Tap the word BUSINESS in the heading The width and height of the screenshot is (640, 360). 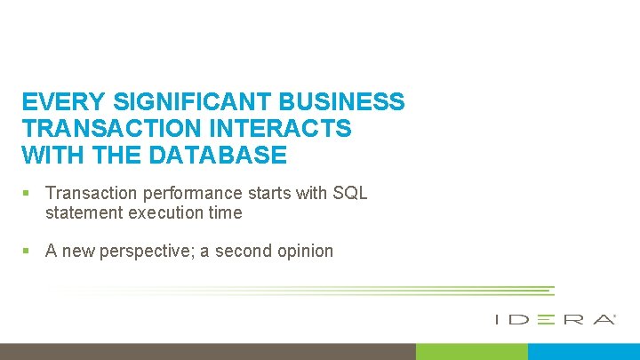coord(331,102)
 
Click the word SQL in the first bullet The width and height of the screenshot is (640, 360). coord(350,193)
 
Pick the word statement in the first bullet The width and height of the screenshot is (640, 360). coord(84,212)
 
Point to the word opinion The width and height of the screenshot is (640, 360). coord(303,251)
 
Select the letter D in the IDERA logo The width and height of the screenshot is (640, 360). coord(521,318)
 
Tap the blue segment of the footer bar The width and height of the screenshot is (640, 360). coord(583,352)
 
